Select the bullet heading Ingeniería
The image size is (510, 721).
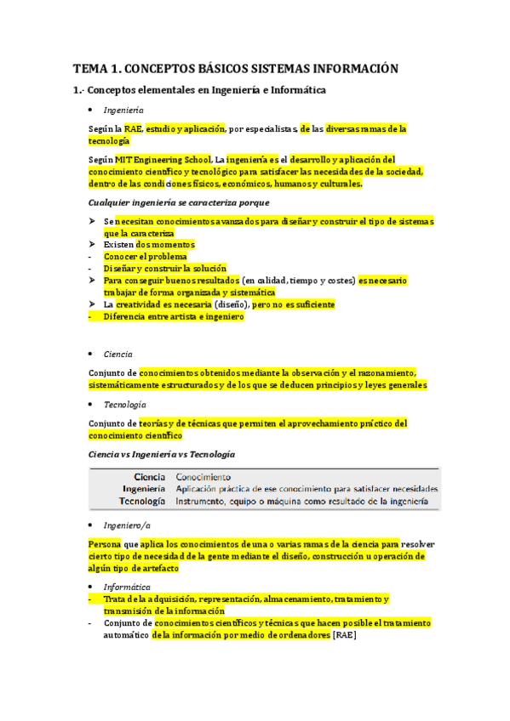tap(123, 111)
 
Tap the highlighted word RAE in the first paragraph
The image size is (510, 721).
tap(133, 128)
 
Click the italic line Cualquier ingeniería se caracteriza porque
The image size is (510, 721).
tap(179, 202)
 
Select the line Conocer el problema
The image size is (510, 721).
tap(145, 256)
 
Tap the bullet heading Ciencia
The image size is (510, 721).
tap(117, 354)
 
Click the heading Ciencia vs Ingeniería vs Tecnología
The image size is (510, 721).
tap(162, 454)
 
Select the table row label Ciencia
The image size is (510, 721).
tap(149, 476)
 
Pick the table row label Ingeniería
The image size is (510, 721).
tap(144, 489)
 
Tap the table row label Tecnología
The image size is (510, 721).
tap(143, 502)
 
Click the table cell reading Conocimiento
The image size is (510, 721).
tap(203, 476)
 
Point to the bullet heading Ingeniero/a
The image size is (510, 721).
tap(126, 525)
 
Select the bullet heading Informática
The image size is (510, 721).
tap(127, 587)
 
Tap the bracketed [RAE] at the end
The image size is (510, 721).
tap(344, 634)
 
